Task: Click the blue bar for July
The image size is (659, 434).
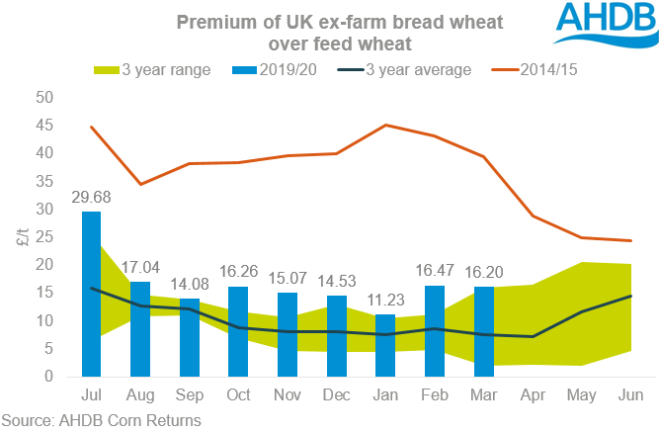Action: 91,294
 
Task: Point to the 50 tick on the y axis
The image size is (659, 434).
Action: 43,98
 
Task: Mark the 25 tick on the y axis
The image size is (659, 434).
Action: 43,237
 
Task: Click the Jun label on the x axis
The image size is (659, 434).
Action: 630,395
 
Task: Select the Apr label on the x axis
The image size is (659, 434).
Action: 533,395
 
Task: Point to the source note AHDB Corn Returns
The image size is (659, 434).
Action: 102,421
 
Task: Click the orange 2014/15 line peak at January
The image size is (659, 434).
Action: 385,126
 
